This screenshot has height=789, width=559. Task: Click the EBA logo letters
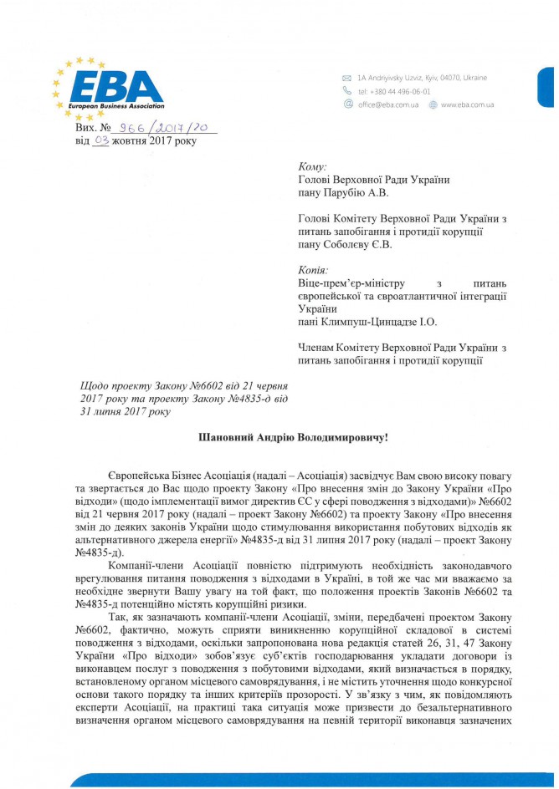[117, 85]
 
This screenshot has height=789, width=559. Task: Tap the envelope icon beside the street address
[346, 78]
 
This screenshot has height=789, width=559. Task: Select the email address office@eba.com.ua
[388, 105]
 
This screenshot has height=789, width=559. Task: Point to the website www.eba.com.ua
[467, 105]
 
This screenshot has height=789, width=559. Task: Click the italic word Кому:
[313, 167]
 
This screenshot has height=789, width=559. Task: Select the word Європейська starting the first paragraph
[136, 474]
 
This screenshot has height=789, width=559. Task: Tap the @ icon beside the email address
[347, 104]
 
